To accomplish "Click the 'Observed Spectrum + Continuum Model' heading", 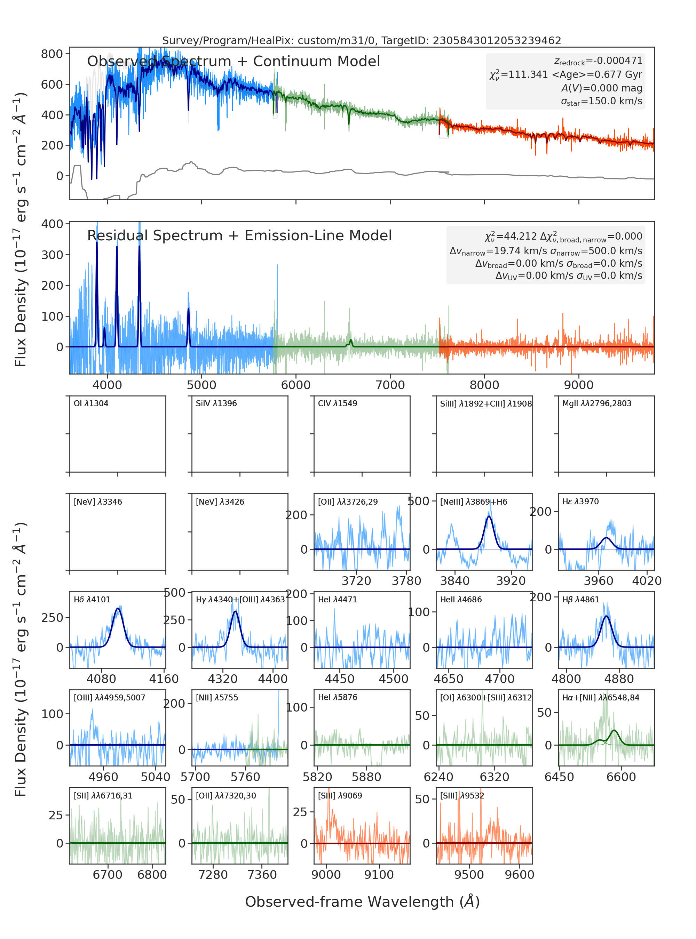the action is point(234,62).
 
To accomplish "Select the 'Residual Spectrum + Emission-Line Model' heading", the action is point(239,235).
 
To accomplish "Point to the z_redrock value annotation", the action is point(598,62).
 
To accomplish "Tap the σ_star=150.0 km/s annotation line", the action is point(602,102).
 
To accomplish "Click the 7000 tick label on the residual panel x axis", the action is point(390,385).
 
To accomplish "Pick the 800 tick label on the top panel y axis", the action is point(52,54).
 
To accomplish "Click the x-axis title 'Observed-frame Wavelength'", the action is point(362,901).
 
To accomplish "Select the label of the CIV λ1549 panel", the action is point(338,403).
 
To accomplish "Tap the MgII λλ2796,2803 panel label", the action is point(596,403).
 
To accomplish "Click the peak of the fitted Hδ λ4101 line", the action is point(118,609).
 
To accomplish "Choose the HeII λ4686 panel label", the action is point(461,600).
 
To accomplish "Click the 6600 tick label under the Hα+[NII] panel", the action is point(621,777).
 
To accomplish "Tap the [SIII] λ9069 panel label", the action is point(340,795).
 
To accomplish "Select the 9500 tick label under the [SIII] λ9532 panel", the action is point(469,875).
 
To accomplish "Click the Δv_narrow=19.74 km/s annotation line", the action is point(546,251).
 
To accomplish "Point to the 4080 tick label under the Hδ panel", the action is point(101,679).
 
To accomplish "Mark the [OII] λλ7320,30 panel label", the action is point(226,795).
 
